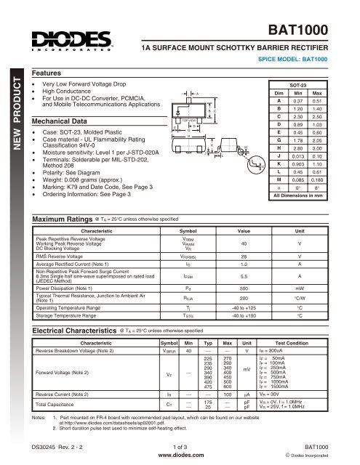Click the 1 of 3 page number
[x=180, y=450]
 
